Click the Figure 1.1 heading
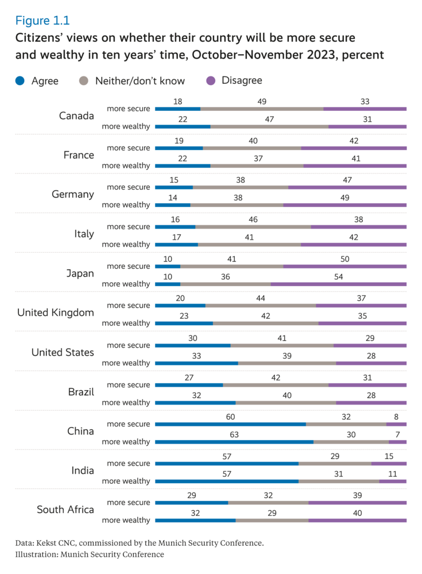pyautogui.click(x=42, y=21)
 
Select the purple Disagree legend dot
pyautogui.click(x=211, y=81)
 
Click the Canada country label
pyautogui.click(x=76, y=115)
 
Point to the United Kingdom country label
pyautogui.click(x=56, y=313)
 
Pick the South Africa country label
pyautogui.click(x=65, y=510)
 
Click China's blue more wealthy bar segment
pyautogui.click(x=234, y=442)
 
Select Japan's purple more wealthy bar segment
pyautogui.click(x=338, y=284)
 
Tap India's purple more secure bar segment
pyautogui.click(x=389, y=464)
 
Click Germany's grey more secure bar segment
pyautogui.click(x=241, y=187)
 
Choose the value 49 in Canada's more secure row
pyautogui.click(x=262, y=101)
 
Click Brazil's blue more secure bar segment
pyautogui.click(x=189, y=385)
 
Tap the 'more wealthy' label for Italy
pyautogui.click(x=126, y=244)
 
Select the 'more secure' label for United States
pyautogui.click(x=129, y=345)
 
